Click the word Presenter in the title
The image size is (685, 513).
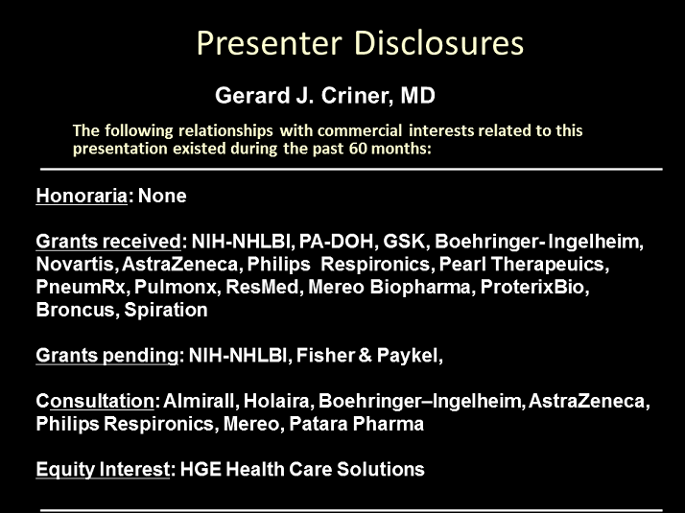(269, 44)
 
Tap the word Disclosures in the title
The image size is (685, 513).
(438, 43)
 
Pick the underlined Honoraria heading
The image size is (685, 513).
(82, 196)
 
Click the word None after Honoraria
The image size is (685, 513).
(162, 196)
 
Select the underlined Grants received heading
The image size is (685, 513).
(108, 242)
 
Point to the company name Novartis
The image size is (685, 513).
(74, 264)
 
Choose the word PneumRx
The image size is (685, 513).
(80, 287)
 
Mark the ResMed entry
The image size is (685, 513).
(262, 287)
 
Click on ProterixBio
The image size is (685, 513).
(533, 287)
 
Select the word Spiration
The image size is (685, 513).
(166, 310)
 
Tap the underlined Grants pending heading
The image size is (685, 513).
(107, 356)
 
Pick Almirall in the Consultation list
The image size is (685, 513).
(199, 401)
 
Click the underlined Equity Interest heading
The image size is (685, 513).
(103, 469)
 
